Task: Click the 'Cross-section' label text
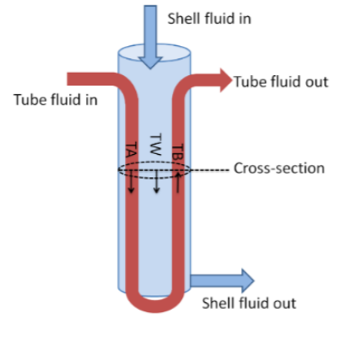point(279,168)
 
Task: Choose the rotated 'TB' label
point(178,151)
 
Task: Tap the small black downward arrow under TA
point(131,182)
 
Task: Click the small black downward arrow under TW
point(156,182)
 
